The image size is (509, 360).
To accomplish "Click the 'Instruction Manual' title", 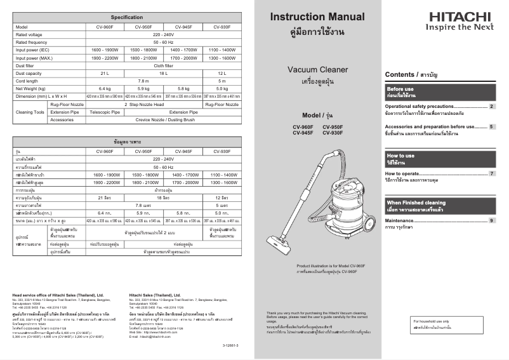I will (317, 17).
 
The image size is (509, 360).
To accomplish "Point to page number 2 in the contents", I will (491, 107).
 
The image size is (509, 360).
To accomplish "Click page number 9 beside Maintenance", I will (491, 220).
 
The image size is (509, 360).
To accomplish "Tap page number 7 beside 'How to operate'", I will (491, 173).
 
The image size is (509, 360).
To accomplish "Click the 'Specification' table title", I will (126, 17).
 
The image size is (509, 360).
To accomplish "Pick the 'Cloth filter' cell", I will (164, 65).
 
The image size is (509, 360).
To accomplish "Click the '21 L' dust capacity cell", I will (105, 74).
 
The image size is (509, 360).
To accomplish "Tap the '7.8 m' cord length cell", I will (143, 81).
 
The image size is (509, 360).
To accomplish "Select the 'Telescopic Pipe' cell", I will (105, 111).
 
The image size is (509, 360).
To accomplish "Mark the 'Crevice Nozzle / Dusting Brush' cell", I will (164, 119).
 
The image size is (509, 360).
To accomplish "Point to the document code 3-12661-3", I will (232, 343).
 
